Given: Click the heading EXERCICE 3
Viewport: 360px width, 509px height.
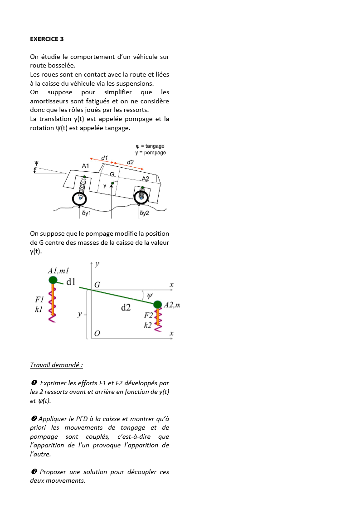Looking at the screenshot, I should (47, 39).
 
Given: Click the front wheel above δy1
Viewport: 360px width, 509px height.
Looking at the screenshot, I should (80, 198).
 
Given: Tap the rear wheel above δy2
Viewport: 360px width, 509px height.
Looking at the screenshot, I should (141, 196).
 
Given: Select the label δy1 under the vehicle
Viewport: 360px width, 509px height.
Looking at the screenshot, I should (86, 213).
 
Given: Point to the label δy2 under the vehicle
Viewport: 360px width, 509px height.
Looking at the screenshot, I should (144, 213).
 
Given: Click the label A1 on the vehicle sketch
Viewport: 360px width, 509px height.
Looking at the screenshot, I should (86, 166).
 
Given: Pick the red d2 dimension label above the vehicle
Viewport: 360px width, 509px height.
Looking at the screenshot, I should (130, 162).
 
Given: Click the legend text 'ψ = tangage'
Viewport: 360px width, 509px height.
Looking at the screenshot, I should (150, 146).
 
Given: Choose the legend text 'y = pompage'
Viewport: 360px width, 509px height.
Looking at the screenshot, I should (151, 152).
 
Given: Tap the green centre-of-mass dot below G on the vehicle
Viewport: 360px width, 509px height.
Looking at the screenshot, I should (112, 183).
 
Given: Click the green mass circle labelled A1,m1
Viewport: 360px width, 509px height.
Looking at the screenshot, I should (53, 280).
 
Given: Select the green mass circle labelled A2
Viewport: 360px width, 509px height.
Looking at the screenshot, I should (158, 304).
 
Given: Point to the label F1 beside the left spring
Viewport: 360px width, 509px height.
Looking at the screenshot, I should (39, 300).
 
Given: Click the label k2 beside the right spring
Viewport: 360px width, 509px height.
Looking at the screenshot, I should (148, 325).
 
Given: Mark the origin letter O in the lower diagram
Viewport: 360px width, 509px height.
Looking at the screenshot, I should (97, 334).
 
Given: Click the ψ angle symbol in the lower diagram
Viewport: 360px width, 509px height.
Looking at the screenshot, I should (150, 296).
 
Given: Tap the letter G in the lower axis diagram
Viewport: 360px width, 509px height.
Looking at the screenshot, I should (97, 285).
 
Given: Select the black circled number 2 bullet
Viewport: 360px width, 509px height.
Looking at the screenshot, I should (33, 419).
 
